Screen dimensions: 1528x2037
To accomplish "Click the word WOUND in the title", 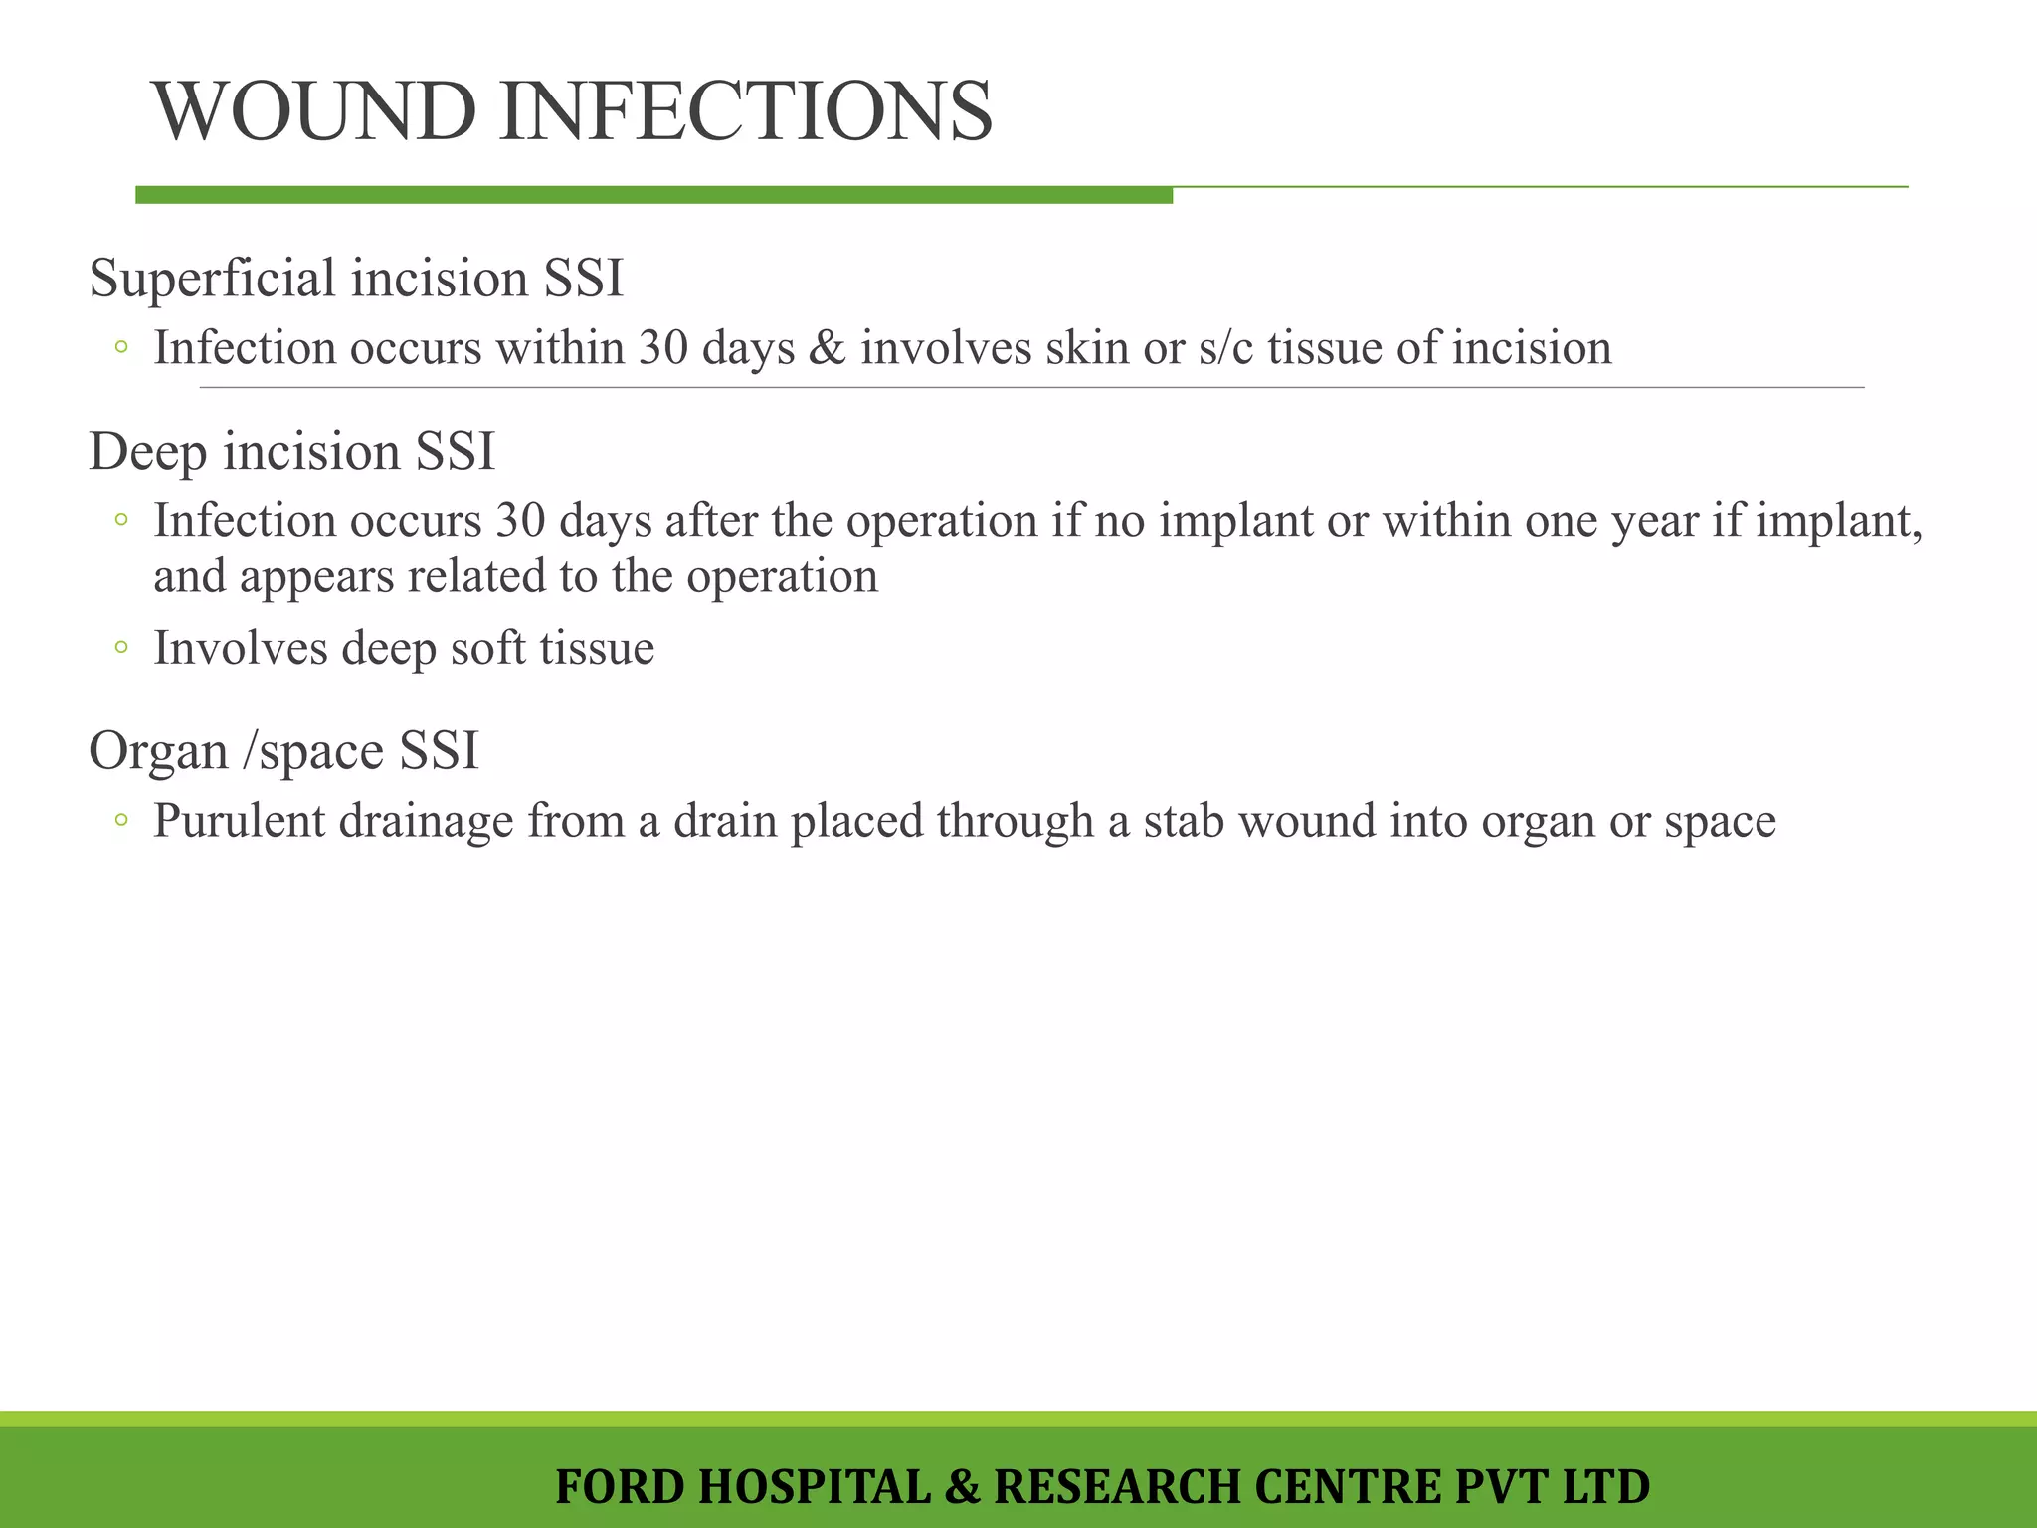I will click(314, 111).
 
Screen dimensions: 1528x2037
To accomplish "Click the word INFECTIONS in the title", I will click(746, 111).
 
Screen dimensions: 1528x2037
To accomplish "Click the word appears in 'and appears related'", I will click(317, 578).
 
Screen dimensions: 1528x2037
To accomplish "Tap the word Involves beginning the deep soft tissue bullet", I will click(240, 648).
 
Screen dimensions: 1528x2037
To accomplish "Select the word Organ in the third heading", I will click(158, 751).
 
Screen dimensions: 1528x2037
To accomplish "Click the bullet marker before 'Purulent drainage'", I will click(121, 821).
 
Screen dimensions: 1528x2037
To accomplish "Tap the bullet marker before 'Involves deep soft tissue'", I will click(121, 648).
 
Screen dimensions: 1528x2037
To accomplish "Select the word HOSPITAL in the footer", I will click(815, 1487).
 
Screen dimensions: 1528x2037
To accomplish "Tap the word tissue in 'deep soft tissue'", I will click(597, 648).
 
